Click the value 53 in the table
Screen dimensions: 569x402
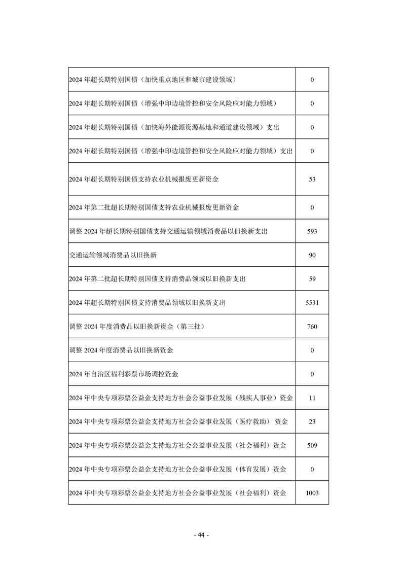point(312,179)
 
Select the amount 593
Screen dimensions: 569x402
point(312,231)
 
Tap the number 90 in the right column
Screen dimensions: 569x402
point(312,255)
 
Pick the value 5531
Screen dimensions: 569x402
point(312,303)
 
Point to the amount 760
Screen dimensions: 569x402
point(312,327)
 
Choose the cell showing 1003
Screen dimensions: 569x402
point(312,493)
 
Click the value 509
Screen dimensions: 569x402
point(312,445)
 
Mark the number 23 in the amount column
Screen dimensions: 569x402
point(312,421)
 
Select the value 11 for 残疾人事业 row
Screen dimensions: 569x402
point(312,398)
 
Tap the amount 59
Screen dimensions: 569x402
point(312,279)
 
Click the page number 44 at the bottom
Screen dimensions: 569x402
point(201,536)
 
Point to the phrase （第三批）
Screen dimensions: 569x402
point(188,327)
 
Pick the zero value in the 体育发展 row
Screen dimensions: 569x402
point(312,469)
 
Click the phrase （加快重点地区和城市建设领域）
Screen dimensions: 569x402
point(187,80)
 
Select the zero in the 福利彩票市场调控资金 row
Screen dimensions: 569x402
point(312,374)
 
